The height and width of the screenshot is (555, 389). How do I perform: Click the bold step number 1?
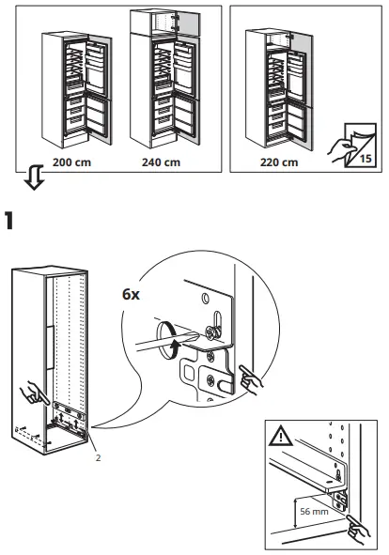(x=11, y=223)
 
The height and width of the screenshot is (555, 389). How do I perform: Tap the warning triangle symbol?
(x=280, y=438)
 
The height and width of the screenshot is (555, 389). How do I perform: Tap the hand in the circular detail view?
(x=252, y=379)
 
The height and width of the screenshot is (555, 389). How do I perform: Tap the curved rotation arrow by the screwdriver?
(x=172, y=345)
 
